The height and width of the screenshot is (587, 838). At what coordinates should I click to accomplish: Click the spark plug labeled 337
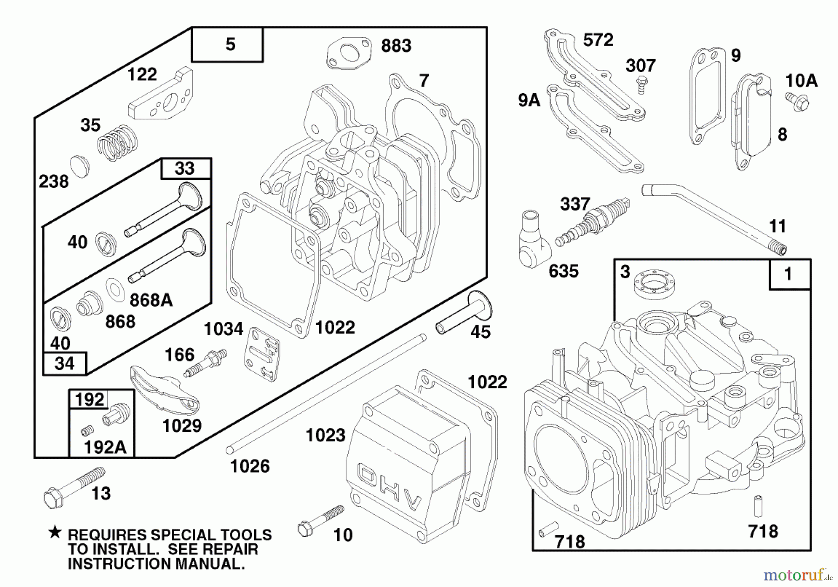592,222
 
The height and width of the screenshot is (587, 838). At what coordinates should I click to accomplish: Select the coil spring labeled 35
117,143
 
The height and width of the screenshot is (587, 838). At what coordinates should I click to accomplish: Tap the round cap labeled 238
80,167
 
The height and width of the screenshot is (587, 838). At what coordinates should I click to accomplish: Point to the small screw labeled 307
642,87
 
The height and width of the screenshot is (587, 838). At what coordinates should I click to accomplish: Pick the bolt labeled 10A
798,101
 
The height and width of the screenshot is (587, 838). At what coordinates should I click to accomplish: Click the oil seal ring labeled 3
654,282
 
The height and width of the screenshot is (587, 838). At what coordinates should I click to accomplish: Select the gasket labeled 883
349,53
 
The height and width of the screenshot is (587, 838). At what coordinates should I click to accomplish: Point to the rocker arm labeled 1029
164,390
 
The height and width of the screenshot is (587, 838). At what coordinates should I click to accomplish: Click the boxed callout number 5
228,45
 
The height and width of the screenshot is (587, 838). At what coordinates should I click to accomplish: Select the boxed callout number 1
789,274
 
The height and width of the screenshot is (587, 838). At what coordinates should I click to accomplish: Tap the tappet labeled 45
465,314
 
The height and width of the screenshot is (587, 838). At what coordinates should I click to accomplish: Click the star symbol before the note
55,532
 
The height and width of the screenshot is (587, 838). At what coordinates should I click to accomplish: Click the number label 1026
250,466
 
